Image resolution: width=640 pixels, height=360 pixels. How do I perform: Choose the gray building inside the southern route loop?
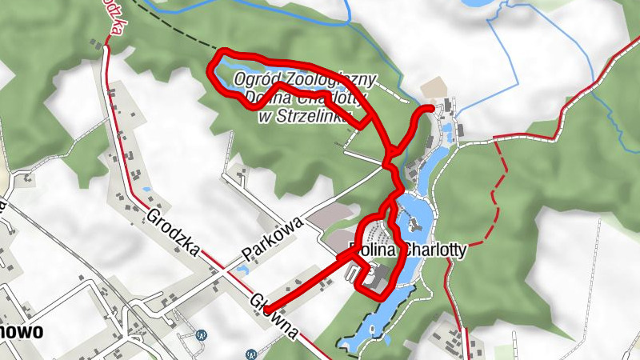(376, 277)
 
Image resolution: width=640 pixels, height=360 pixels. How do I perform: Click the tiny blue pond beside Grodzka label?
(147, 190)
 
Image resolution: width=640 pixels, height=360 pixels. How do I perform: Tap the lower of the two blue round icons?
(252, 351)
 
